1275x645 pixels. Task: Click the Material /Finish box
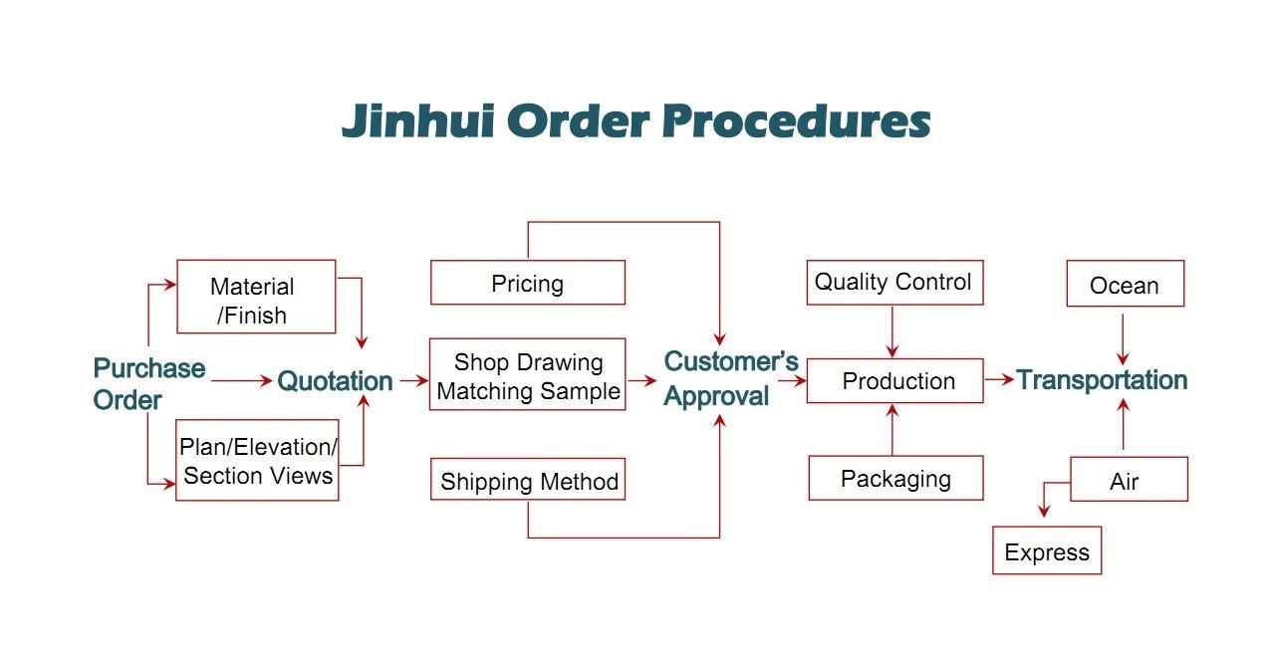pos(256,297)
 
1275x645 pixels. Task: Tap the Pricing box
pos(527,283)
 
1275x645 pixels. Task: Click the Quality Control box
pos(892,282)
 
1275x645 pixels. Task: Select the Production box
pos(894,380)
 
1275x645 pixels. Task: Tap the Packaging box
pos(895,478)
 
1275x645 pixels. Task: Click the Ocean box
pos(1125,284)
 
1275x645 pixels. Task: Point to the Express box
pos(1047,550)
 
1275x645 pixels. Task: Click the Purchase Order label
pos(148,384)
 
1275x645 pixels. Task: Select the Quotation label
pos(335,380)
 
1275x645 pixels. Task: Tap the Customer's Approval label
pos(731,378)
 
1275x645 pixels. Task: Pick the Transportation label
pos(1102,380)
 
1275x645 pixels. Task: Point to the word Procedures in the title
pos(795,121)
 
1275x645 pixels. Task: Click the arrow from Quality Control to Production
pos(892,330)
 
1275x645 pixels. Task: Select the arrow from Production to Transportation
pos(999,379)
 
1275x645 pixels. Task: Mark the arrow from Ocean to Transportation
pos(1124,339)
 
